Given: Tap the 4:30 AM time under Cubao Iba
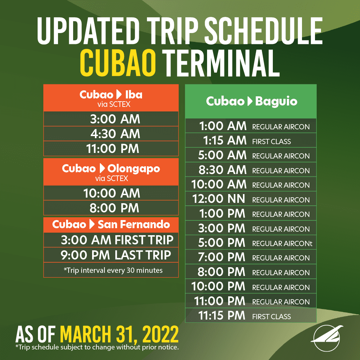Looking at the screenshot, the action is pyautogui.click(x=115, y=134).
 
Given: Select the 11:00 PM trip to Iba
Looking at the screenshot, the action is pyautogui.click(x=113, y=149).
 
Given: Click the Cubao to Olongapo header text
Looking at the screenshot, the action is pyautogui.click(x=111, y=169).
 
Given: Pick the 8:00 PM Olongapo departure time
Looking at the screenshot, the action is pyautogui.click(x=114, y=208).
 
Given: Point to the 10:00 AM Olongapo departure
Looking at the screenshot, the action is pyautogui.click(x=111, y=193).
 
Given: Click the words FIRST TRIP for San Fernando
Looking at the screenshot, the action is pyautogui.click(x=144, y=240).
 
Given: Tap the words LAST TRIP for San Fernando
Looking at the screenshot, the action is pyautogui.click(x=143, y=255).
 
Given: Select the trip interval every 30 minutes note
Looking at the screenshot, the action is pyautogui.click(x=113, y=270).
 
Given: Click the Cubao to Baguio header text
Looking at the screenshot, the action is pyautogui.click(x=252, y=101).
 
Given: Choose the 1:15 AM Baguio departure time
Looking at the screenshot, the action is pyautogui.click(x=225, y=141).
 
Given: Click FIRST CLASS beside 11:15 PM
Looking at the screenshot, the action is pyautogui.click(x=271, y=317).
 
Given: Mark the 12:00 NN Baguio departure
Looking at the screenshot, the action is pyautogui.click(x=219, y=199).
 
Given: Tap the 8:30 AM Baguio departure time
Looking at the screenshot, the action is pyautogui.click(x=223, y=170).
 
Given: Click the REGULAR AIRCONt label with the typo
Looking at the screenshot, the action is pyautogui.click(x=282, y=244).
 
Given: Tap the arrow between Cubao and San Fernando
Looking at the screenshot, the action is pyautogui.click(x=92, y=224).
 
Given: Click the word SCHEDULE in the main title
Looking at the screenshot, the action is pyautogui.click(x=263, y=31).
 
